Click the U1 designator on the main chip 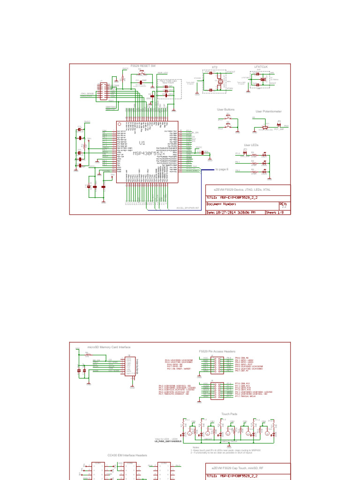(142, 143)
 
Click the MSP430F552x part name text (148, 153)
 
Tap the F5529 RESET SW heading (142, 66)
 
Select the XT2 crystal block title (215, 67)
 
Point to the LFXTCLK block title (260, 67)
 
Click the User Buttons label (225, 109)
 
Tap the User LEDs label (251, 145)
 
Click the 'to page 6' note (222, 169)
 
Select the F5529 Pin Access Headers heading (217, 351)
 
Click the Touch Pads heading (229, 414)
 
